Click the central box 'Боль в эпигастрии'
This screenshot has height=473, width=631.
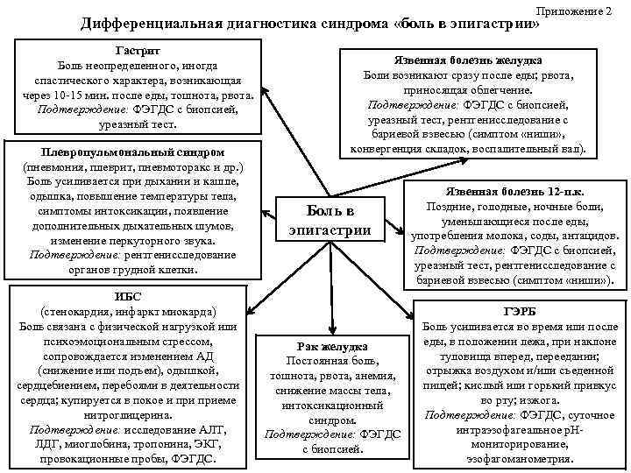[x=330, y=220]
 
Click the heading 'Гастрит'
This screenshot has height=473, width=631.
[x=135, y=51]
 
